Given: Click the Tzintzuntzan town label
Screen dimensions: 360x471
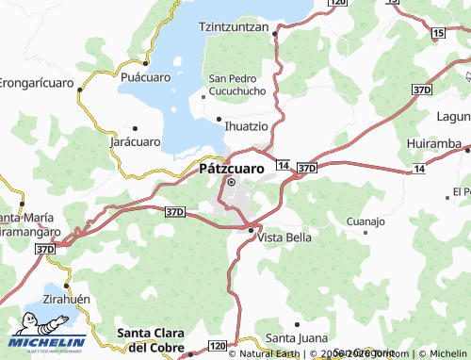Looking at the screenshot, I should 235,27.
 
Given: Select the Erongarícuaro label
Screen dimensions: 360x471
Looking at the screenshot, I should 35,80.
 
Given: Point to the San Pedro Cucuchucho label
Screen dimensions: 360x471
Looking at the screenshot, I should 236,84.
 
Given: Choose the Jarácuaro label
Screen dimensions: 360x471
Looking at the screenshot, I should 135,141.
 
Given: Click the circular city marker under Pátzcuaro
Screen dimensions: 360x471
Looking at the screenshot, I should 230,182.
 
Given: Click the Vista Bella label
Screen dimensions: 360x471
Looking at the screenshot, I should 284,237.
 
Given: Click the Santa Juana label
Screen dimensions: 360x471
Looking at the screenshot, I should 296,337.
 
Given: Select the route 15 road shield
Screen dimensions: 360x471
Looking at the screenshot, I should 437,33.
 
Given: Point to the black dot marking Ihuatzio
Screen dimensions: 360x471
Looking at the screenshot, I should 219,119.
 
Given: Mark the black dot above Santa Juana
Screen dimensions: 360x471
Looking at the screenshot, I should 298,323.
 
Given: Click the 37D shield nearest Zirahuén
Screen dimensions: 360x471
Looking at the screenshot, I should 45,248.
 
